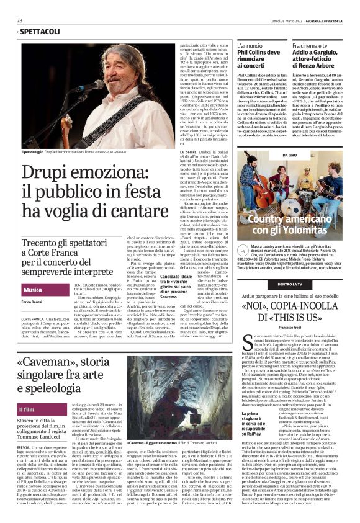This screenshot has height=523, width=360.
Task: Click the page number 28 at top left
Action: click(20, 20)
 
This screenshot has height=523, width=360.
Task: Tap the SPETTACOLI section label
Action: click(37, 31)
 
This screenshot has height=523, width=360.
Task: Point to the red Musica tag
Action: click(33, 290)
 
